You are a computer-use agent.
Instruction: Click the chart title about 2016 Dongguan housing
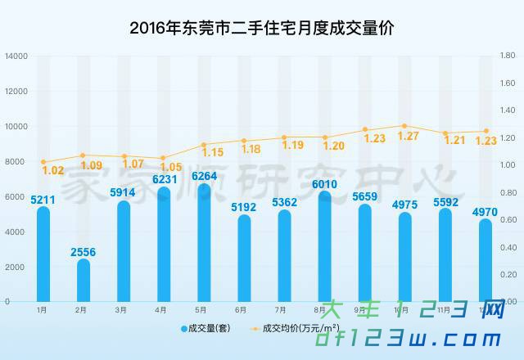tap(262, 27)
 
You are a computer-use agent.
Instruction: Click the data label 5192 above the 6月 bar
tap(244, 207)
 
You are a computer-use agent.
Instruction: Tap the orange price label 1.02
tap(52, 171)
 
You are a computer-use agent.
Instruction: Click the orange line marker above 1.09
tap(84, 155)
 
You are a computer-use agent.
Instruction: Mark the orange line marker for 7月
tap(284, 137)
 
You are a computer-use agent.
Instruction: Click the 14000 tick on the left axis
tap(16, 56)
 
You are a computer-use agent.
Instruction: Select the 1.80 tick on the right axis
tap(507, 56)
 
